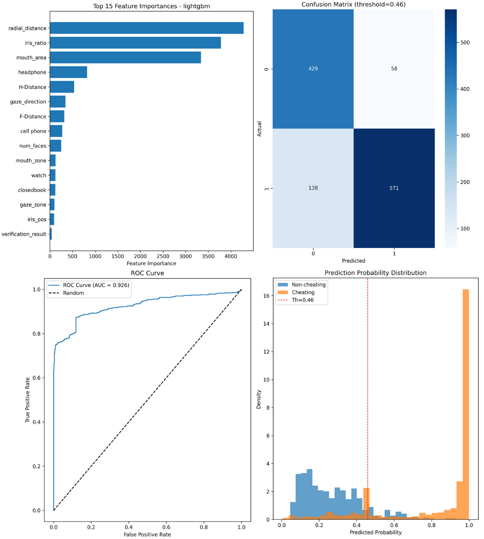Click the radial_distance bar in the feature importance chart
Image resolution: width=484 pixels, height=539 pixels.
(146, 28)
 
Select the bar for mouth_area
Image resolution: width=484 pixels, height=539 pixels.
(125, 57)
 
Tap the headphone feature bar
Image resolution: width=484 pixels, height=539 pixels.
(68, 72)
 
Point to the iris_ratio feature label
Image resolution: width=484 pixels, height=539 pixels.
(35, 43)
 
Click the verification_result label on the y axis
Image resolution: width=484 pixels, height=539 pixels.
(24, 234)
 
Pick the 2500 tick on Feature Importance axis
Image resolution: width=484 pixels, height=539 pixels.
(163, 256)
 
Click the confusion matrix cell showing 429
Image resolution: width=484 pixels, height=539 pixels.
(313, 68)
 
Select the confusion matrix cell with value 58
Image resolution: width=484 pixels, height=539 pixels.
(394, 68)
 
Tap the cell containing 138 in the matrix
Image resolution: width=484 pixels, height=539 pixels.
(313, 188)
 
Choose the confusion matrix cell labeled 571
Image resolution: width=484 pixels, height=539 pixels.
(394, 188)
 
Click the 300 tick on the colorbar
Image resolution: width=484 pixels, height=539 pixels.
(465, 136)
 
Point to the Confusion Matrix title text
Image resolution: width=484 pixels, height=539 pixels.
(353, 5)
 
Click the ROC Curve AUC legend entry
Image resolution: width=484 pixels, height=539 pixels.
(96, 285)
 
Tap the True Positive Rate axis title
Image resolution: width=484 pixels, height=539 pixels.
(27, 400)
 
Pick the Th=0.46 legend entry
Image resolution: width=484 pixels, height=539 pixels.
(302, 300)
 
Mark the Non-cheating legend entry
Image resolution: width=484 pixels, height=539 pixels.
(308, 284)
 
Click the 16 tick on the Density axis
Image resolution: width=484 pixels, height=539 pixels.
(266, 296)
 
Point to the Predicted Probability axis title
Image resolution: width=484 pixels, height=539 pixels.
(375, 532)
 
